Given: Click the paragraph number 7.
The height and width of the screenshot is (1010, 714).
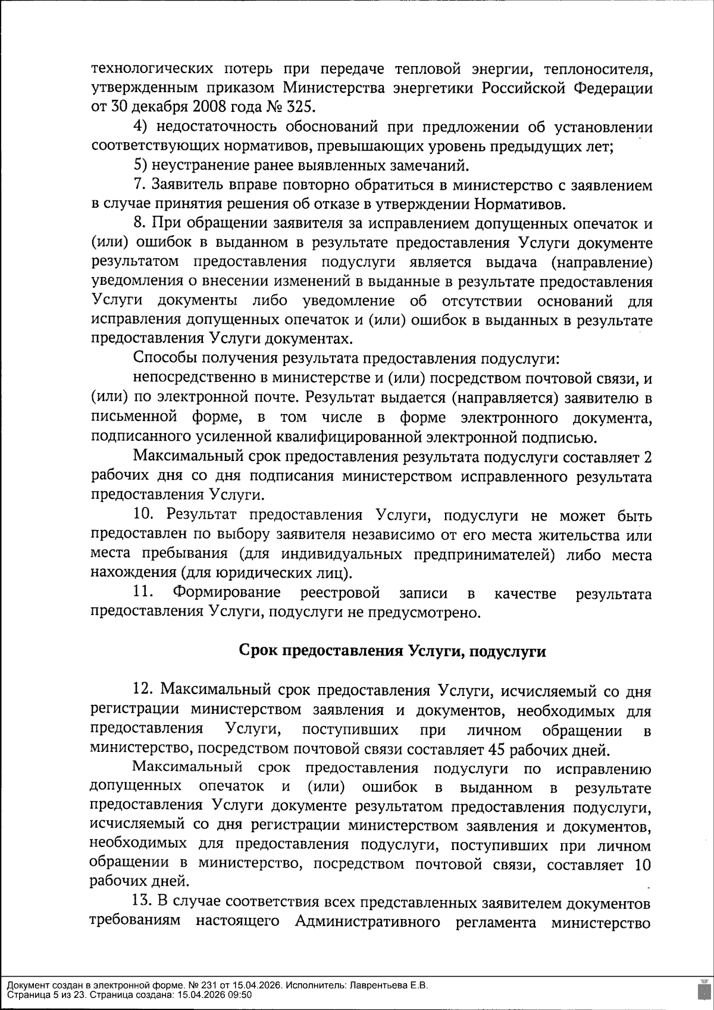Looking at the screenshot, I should (139, 185).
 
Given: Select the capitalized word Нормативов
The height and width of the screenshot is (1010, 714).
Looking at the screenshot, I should (520, 204).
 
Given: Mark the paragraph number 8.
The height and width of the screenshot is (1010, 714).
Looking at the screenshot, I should (139, 224).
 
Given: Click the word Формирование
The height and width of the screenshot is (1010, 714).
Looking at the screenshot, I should (227, 593).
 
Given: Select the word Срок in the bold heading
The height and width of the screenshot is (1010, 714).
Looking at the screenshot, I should (256, 651).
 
